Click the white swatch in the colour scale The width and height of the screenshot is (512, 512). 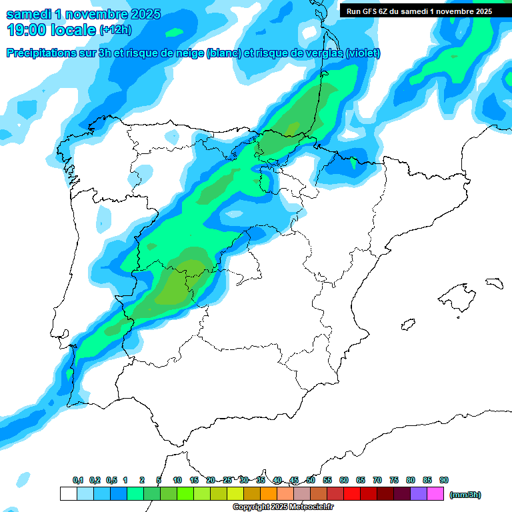coord(68,494)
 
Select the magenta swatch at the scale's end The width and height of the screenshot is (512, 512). coord(435,494)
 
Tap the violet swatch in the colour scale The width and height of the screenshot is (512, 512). coord(419,494)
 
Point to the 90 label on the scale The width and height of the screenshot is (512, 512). coord(444,480)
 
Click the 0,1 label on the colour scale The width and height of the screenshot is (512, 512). coord(78,480)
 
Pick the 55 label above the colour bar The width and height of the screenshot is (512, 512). coord(327,480)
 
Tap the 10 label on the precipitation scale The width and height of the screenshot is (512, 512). coord(177,480)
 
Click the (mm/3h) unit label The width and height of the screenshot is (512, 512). coord(465,495)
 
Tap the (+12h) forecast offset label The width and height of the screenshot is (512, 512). coord(115,30)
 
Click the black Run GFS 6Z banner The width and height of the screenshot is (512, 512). coord(419,11)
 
